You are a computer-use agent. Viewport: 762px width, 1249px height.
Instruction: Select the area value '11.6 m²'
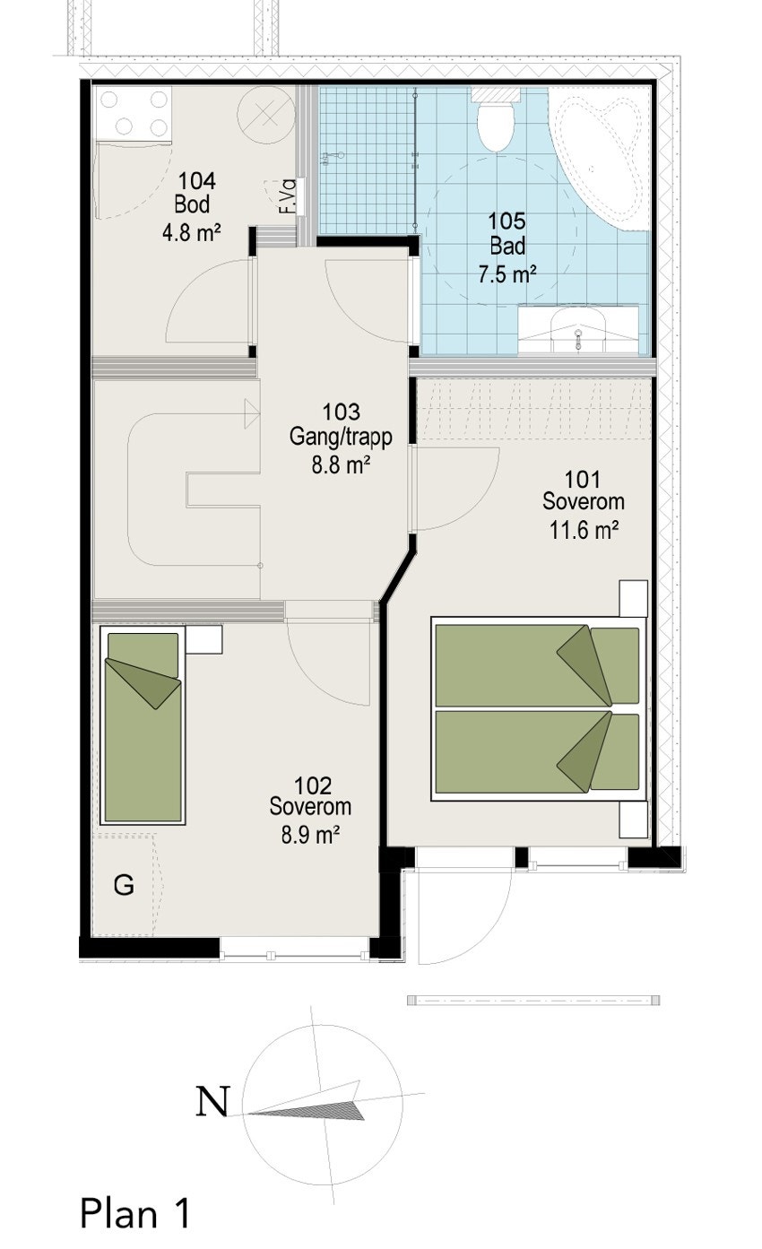[584, 529]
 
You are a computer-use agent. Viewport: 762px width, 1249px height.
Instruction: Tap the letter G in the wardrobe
[124, 886]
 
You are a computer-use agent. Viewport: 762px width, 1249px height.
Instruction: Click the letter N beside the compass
[212, 1102]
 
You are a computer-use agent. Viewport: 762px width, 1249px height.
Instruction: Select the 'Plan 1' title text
[135, 1213]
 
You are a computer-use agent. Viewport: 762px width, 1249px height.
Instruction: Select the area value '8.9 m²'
[310, 836]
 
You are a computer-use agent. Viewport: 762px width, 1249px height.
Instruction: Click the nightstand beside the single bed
[204, 639]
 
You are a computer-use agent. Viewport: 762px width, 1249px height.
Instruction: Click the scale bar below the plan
[533, 1000]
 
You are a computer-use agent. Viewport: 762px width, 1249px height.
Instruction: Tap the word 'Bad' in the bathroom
[507, 246]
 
